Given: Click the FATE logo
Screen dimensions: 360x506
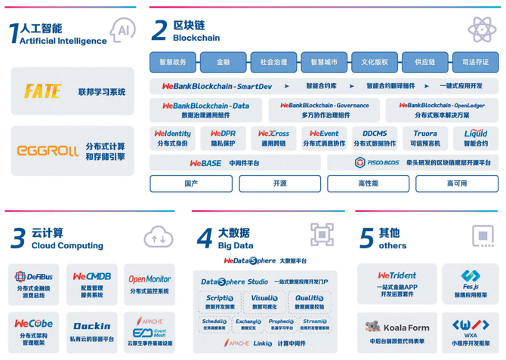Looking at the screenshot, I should click(x=43, y=91).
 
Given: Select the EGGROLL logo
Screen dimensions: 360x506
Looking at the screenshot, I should click(x=48, y=151).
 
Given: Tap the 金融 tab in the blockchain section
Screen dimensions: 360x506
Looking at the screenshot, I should click(x=224, y=62).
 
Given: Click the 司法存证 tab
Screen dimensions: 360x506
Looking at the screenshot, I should click(x=475, y=62).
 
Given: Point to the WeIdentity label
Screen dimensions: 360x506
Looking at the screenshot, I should click(x=172, y=134).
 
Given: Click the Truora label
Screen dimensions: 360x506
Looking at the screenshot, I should click(x=425, y=134).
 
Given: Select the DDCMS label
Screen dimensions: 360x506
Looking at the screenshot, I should click(x=375, y=134).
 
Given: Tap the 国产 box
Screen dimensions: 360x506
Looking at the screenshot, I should click(x=191, y=183).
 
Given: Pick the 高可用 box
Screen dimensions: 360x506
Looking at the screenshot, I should click(x=457, y=183).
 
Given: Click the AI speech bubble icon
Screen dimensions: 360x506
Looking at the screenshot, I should click(x=122, y=29).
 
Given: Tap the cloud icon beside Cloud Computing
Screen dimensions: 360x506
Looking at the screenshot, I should click(x=159, y=238).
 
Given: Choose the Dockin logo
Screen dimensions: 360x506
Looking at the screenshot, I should click(x=92, y=327).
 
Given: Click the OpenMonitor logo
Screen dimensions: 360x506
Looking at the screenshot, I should click(x=150, y=278).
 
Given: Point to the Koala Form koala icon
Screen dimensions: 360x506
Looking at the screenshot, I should click(x=373, y=328).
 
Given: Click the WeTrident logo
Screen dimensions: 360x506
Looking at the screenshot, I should click(x=397, y=276).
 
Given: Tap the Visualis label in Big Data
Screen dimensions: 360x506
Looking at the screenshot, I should click(x=264, y=298).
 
